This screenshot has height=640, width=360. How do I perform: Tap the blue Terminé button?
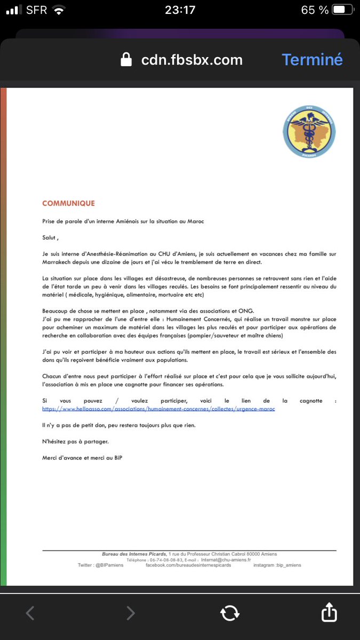(312, 60)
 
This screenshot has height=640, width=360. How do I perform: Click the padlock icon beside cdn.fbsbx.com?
(126, 60)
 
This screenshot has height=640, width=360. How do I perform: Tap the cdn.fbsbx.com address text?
(191, 60)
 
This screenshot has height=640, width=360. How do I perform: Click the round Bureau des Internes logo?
(309, 131)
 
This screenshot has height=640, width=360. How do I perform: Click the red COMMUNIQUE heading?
(68, 203)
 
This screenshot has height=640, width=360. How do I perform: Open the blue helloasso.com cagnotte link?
(158, 409)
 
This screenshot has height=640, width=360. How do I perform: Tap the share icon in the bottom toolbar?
(329, 613)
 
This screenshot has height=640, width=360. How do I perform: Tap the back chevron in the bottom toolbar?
(30, 613)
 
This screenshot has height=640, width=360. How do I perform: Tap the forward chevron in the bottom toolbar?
(130, 613)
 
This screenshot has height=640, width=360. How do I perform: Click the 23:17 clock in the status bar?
(180, 10)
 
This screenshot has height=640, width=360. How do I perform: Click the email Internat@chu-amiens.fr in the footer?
(226, 560)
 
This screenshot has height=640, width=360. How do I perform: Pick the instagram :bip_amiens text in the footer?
(277, 565)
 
